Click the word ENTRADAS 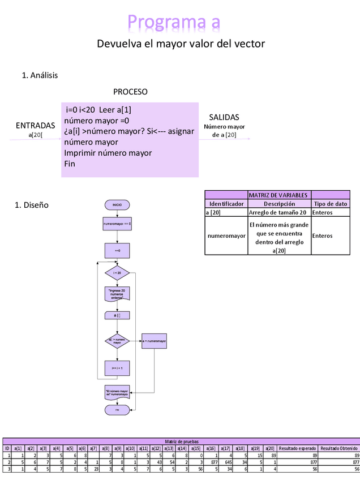(x=35, y=125)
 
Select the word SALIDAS (x=224, y=117)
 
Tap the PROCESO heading (x=130, y=91)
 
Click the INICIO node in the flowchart (x=117, y=204)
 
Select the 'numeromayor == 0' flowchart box (x=117, y=224)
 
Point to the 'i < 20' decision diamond (x=117, y=273)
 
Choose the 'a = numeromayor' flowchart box (x=154, y=341)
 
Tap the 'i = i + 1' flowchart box (x=117, y=368)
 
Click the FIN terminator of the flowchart (x=117, y=410)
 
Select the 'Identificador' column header (x=226, y=204)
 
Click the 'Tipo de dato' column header (x=330, y=204)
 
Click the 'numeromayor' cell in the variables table (x=226, y=235)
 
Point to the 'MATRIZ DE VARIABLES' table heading (x=280, y=195)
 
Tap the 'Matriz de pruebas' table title (x=181, y=441)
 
